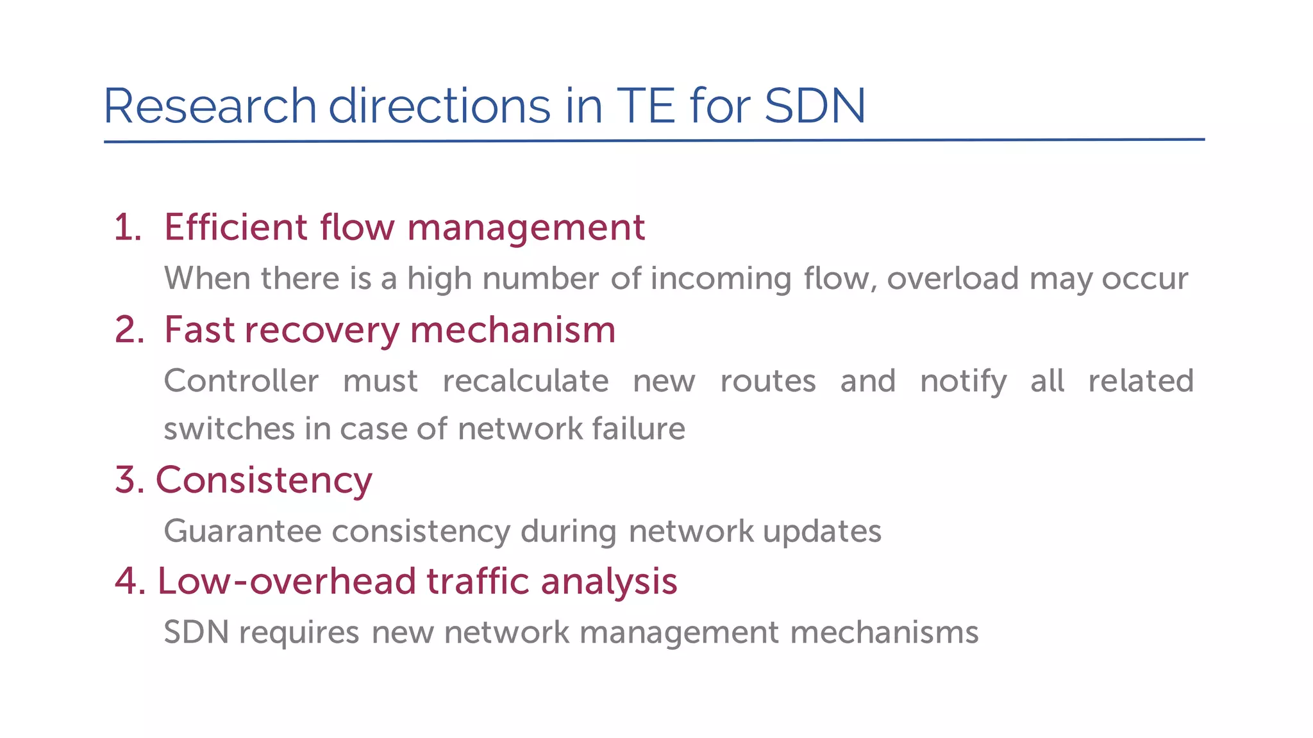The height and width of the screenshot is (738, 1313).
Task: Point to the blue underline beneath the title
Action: (654, 140)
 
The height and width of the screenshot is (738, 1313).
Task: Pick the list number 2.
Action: (129, 330)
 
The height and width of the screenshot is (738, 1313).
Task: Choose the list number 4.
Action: (130, 581)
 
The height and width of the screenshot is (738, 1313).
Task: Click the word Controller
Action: (241, 381)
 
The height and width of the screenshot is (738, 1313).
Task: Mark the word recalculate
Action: (525, 381)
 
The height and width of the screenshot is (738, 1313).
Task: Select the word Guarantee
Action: (242, 531)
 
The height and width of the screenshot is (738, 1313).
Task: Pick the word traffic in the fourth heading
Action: (478, 582)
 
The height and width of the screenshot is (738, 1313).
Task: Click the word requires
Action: (299, 633)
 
